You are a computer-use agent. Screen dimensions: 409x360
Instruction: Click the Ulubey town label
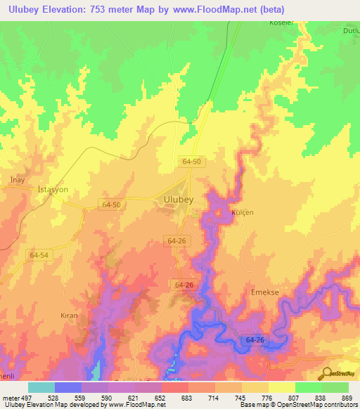[178, 200]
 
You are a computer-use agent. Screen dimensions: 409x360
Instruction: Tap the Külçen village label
[242, 212]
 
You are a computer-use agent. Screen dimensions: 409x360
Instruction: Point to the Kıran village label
[68, 316]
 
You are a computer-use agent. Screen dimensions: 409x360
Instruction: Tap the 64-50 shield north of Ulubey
[191, 161]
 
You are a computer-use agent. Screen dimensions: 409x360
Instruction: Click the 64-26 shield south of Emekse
[257, 340]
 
